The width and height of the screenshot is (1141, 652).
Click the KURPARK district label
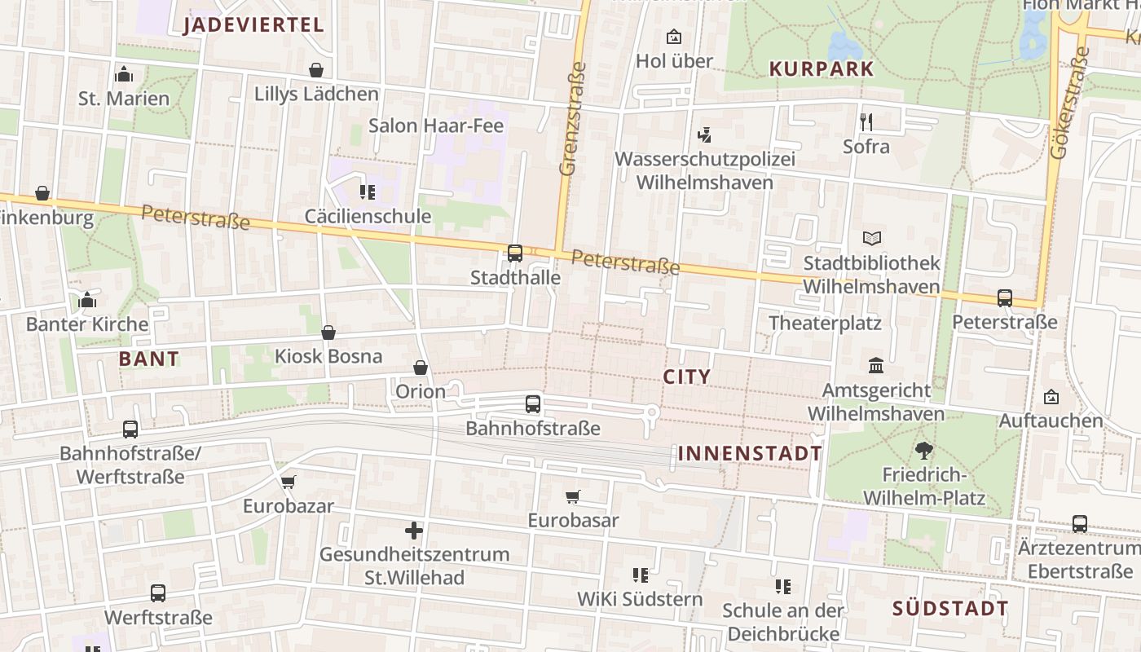tap(821, 69)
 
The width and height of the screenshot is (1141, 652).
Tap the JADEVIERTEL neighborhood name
tap(253, 24)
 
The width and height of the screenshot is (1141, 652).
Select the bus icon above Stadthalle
tap(515, 253)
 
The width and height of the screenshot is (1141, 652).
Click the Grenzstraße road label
tap(573, 119)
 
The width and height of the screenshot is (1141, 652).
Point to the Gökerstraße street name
tap(1069, 102)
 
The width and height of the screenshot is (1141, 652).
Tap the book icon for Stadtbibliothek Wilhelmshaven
tap(872, 239)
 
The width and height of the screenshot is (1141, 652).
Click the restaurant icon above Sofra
tap(866, 122)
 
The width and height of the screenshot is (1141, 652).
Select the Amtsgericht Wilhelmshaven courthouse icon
tap(876, 365)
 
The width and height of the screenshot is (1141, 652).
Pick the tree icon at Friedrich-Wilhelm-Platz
tap(923, 450)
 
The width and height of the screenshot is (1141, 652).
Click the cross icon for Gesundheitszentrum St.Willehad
tap(414, 531)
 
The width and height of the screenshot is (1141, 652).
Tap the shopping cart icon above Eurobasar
tap(573, 496)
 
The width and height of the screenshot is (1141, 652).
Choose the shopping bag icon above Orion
tap(421, 368)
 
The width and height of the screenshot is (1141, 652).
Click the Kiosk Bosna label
tap(328, 356)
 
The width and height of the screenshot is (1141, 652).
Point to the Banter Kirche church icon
tap(87, 300)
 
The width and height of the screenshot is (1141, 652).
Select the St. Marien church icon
tap(124, 74)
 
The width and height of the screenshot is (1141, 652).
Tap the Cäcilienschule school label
tap(368, 216)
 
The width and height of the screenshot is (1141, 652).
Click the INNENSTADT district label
tap(750, 454)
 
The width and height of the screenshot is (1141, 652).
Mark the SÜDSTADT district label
tap(949, 609)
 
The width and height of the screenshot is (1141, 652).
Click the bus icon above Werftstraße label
tap(158, 593)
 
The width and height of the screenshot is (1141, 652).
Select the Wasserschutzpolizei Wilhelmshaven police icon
tap(704, 134)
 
